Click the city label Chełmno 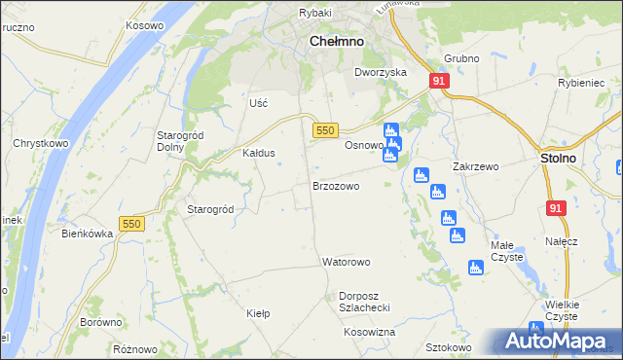[x=336, y=42]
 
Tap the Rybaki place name [x=315, y=12]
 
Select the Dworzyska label [x=380, y=72]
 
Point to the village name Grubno [x=461, y=58]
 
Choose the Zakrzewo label [x=475, y=166]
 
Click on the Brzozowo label [x=336, y=185]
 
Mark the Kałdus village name [x=259, y=153]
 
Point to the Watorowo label [x=347, y=262]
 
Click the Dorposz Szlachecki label [x=364, y=301]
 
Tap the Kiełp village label [x=258, y=313]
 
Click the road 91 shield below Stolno [x=555, y=208]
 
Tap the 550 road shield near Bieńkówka [x=131, y=224]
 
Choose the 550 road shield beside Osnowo [x=325, y=130]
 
